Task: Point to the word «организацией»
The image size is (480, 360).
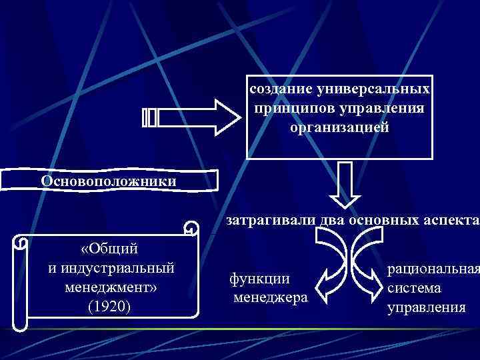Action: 339,126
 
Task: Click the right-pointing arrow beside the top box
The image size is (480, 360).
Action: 193,117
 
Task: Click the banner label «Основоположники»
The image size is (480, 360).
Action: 108,181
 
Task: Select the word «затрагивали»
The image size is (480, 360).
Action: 263,219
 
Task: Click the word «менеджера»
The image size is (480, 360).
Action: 271,296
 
